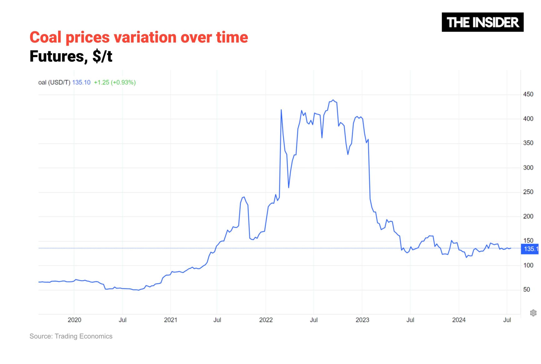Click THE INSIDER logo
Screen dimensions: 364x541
click(x=482, y=22)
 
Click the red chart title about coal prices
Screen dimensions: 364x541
click(x=139, y=37)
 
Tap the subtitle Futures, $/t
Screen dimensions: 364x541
click(x=71, y=57)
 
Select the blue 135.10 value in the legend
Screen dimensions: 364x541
click(x=81, y=82)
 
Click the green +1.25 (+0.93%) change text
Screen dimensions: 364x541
click(x=115, y=82)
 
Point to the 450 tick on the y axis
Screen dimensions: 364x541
click(x=528, y=94)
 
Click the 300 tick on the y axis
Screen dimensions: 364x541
click(x=528, y=168)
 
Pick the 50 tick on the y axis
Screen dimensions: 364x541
click(x=527, y=290)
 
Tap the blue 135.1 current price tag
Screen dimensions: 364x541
click(x=531, y=249)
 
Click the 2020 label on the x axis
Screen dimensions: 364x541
click(x=74, y=320)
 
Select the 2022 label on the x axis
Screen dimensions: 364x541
click(x=266, y=320)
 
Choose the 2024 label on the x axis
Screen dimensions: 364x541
click(x=459, y=320)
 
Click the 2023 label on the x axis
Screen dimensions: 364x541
click(x=362, y=320)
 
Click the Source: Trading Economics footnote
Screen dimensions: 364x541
click(x=71, y=336)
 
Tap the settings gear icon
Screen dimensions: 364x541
click(x=533, y=313)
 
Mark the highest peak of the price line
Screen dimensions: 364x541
click(x=333, y=100)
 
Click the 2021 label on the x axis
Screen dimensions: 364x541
click(x=171, y=320)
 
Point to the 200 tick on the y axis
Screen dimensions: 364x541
click(x=528, y=217)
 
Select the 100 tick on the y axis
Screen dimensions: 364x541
click(x=528, y=265)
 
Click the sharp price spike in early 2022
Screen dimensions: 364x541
click(x=281, y=110)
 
